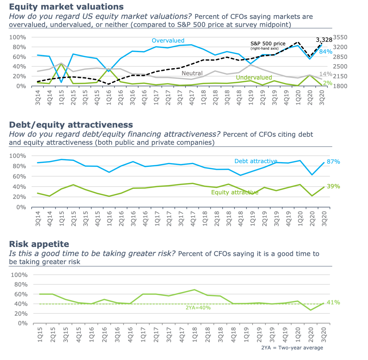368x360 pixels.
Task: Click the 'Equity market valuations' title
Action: pos(66,7)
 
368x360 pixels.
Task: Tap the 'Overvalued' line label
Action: pos(168,40)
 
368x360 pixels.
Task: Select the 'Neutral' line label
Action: pos(192,73)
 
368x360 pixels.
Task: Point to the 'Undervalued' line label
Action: pos(254,77)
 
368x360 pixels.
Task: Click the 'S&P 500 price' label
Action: pos(268,44)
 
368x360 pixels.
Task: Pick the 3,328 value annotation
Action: pos(324,40)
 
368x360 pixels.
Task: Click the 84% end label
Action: pos(326,52)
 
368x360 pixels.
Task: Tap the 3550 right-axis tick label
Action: pos(340,37)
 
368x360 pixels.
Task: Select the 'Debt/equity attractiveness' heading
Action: pos(71,125)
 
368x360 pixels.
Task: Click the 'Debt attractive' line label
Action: pos(256,161)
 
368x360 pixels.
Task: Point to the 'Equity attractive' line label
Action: pos(235,192)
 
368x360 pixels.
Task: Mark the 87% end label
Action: pos(333,162)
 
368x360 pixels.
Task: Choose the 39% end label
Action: pos(333,186)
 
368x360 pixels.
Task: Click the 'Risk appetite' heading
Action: pos(39,244)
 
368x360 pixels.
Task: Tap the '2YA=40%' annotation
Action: pos(198,308)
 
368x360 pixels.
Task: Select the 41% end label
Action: pos(333,302)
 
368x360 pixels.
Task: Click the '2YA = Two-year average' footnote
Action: pos(292,348)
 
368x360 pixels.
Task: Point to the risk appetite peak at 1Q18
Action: pos(194,290)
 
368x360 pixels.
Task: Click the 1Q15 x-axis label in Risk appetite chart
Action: pos(40,334)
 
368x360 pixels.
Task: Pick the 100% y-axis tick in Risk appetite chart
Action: pos(19,275)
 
